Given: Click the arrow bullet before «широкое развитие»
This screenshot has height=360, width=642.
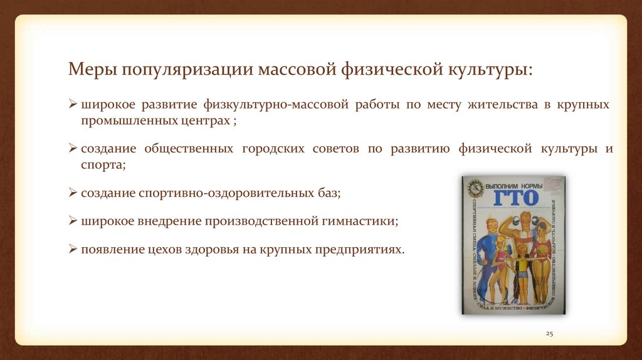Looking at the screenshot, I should [73, 105].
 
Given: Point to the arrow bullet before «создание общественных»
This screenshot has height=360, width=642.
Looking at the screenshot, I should [73, 149].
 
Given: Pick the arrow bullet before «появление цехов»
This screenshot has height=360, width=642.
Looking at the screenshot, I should [73, 249].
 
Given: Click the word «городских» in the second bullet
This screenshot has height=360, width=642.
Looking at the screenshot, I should [270, 149].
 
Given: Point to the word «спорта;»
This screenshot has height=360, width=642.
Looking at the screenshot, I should [103, 165].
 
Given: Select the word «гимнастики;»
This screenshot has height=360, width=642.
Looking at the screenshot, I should [362, 221].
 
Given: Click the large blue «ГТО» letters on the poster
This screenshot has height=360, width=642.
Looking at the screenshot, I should [515, 199].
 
